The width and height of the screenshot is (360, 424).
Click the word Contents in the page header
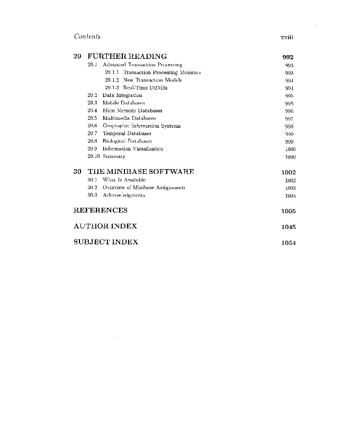[x=87, y=37]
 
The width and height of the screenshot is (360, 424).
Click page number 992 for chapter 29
[x=288, y=57]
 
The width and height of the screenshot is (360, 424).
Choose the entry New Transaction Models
[x=152, y=80]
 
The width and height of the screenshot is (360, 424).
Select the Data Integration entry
[x=122, y=95]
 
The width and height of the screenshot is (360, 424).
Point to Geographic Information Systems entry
[x=141, y=126]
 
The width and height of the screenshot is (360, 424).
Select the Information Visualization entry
[x=132, y=149]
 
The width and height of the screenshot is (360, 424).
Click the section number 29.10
[x=94, y=157]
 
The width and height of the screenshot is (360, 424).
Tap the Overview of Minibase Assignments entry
[x=143, y=188]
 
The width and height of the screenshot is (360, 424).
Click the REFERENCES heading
[x=100, y=210]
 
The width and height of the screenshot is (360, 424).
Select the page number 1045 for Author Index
[x=289, y=227]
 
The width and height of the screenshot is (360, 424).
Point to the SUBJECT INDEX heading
[x=105, y=242]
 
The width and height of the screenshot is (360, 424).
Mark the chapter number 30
[x=77, y=172]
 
